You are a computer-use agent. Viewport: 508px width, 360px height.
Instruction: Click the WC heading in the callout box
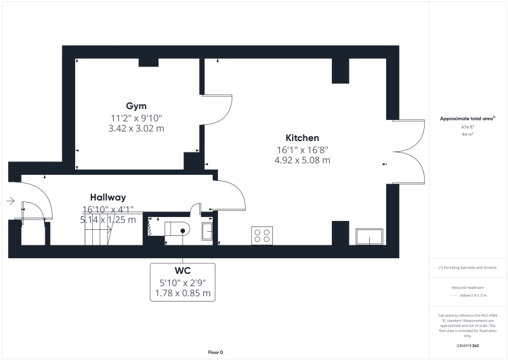182,271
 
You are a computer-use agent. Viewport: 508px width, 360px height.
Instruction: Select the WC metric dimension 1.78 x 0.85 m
182,294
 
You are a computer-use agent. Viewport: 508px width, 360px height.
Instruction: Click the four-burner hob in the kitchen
262,235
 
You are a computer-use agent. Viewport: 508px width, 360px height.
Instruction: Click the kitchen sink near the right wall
368,237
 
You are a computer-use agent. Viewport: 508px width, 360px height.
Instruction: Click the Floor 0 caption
215,352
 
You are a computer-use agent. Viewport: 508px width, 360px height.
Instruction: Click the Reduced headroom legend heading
468,288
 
